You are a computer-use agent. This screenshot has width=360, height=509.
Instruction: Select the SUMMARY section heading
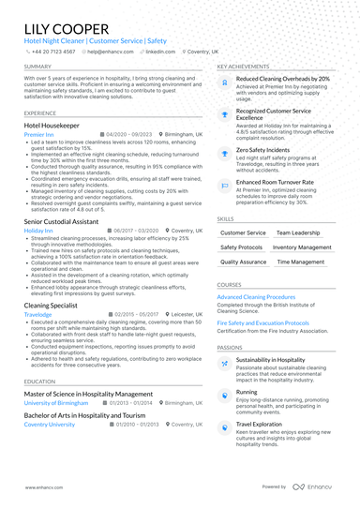coord(38,67)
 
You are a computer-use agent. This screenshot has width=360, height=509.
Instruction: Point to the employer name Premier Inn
coord(40,135)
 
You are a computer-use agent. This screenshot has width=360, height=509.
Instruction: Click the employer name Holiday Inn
coord(38,230)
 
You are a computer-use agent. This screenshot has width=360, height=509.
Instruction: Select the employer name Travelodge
coord(39,315)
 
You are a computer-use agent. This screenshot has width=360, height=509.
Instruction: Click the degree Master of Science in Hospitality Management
coord(88,394)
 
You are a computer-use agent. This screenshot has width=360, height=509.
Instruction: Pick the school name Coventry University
coord(49,425)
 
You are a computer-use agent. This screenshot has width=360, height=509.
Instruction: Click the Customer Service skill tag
coord(242,232)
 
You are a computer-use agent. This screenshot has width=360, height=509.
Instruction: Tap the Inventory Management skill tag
coord(302,247)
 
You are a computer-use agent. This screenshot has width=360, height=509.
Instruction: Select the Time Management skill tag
coord(301,262)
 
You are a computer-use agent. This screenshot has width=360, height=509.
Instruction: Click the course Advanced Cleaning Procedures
coord(256,297)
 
